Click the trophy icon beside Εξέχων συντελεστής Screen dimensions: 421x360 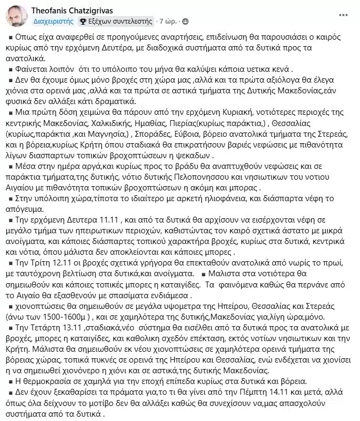click(82, 21)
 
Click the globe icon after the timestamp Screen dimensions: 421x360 click(185, 21)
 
